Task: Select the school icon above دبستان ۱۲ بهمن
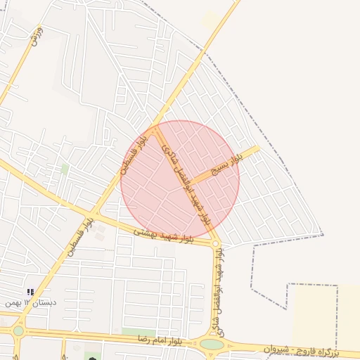pyautogui.click(x=30, y=292)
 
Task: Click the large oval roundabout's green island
pyautogui.click(x=212, y=345)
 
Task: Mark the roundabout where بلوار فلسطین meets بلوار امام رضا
pyautogui.click(x=18, y=330)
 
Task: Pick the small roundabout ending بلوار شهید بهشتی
pyautogui.click(x=216, y=244)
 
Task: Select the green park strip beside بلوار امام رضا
pyautogui.click(x=139, y=332)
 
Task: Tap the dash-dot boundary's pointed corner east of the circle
pyautogui.click(x=322, y=234)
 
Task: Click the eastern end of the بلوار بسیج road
pyautogui.click(x=257, y=148)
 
